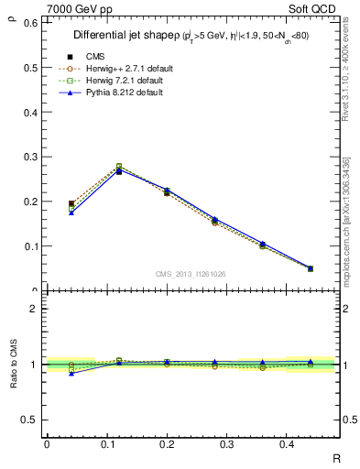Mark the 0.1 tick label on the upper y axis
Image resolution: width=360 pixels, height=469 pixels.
coord(33,245)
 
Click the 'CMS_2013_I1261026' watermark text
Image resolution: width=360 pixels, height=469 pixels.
coord(191,274)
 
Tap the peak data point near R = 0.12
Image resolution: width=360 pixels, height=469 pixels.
coord(119,170)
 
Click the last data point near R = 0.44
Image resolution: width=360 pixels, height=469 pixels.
coord(310,268)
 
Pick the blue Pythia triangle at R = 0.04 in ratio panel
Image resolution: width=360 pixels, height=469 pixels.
coord(71,373)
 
